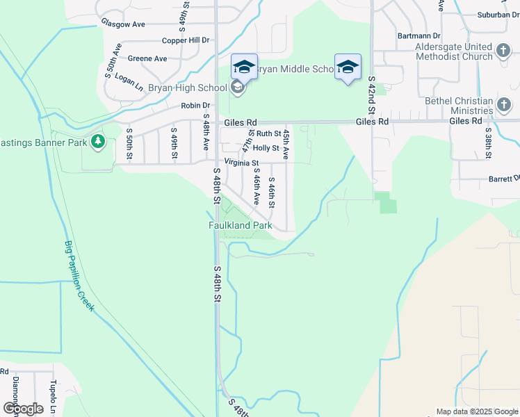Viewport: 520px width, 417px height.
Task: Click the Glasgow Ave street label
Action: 123,24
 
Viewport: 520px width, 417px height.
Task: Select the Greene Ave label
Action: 147,58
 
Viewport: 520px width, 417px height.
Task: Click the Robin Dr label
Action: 195,106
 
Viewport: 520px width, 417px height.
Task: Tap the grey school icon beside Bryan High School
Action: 237,88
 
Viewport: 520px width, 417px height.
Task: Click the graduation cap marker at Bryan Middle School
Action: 244,67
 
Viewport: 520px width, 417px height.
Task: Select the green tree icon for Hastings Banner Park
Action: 98,142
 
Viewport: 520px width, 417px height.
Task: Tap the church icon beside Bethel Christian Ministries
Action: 505,105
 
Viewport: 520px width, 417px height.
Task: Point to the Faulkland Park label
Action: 241,226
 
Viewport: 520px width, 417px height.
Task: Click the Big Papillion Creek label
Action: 79,276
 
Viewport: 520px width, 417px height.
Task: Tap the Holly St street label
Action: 266,148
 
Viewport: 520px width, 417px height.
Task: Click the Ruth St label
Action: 268,133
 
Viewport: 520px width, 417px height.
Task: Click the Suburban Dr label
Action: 498,14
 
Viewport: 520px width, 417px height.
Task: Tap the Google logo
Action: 23,408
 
